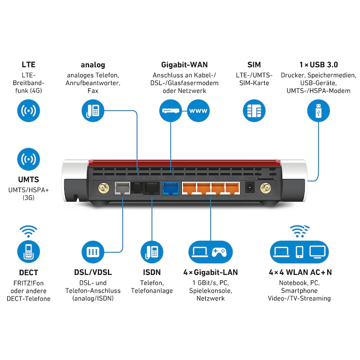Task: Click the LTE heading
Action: coord(28,65)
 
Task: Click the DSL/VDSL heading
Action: coord(93,272)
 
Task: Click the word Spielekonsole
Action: coord(211,291)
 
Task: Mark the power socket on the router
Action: coord(249,188)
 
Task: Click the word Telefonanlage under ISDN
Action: coord(152,291)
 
